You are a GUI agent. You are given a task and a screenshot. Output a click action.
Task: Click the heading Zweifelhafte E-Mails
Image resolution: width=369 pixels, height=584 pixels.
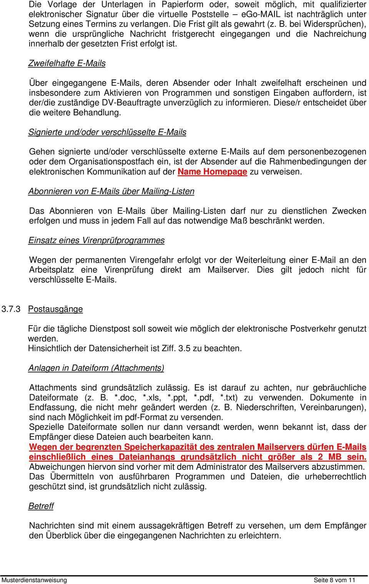(x=67, y=63)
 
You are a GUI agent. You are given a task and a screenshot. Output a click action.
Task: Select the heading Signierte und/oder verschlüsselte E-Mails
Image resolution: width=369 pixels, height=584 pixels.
(x=107, y=132)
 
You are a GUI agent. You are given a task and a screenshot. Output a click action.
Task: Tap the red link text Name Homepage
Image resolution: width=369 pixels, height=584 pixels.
(x=212, y=172)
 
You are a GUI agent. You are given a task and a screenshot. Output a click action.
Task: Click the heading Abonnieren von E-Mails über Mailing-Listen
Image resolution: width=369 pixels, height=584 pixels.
(x=111, y=191)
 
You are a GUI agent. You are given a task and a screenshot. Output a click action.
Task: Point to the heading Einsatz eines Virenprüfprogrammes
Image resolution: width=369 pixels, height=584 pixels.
(x=96, y=240)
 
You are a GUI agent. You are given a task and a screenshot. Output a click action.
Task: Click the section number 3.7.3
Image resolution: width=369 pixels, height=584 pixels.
(x=11, y=309)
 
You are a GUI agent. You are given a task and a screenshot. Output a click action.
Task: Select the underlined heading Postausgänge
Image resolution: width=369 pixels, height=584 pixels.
(x=55, y=309)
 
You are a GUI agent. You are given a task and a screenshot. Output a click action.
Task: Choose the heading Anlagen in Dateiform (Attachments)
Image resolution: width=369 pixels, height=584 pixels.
(x=96, y=368)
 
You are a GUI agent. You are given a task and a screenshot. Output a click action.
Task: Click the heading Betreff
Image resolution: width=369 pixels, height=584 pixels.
(x=41, y=506)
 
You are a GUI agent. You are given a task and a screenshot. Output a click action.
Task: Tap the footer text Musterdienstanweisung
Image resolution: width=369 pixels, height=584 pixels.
(x=34, y=580)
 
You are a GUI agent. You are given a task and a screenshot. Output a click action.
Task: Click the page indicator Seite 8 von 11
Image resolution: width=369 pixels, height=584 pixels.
(x=334, y=580)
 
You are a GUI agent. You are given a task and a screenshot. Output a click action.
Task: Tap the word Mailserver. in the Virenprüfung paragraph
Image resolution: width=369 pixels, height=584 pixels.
(x=228, y=270)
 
